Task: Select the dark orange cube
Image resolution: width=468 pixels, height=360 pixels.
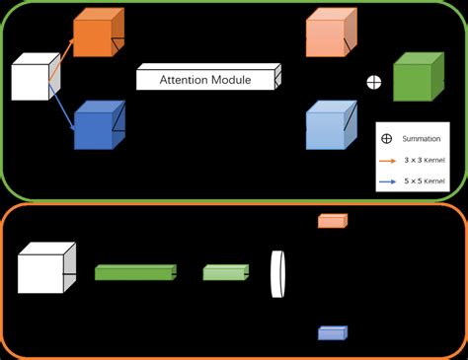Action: pos(96,36)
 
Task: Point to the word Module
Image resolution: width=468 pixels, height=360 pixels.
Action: pos(231,79)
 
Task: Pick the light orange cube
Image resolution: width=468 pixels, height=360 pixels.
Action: pos(329,36)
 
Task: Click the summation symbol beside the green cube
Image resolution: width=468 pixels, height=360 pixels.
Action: pos(373,82)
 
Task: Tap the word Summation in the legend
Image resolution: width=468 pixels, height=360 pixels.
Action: pos(421,138)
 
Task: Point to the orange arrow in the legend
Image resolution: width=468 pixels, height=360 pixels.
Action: pos(388,160)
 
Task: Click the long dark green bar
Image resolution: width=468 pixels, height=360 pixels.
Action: pos(134,272)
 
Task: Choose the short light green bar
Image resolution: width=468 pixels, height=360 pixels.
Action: pos(224,272)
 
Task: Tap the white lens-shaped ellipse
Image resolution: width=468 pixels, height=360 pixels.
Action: pos(278,272)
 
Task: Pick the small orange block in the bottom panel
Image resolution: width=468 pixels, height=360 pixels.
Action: pos(331,221)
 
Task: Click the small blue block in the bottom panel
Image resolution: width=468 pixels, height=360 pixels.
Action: pos(331,333)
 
